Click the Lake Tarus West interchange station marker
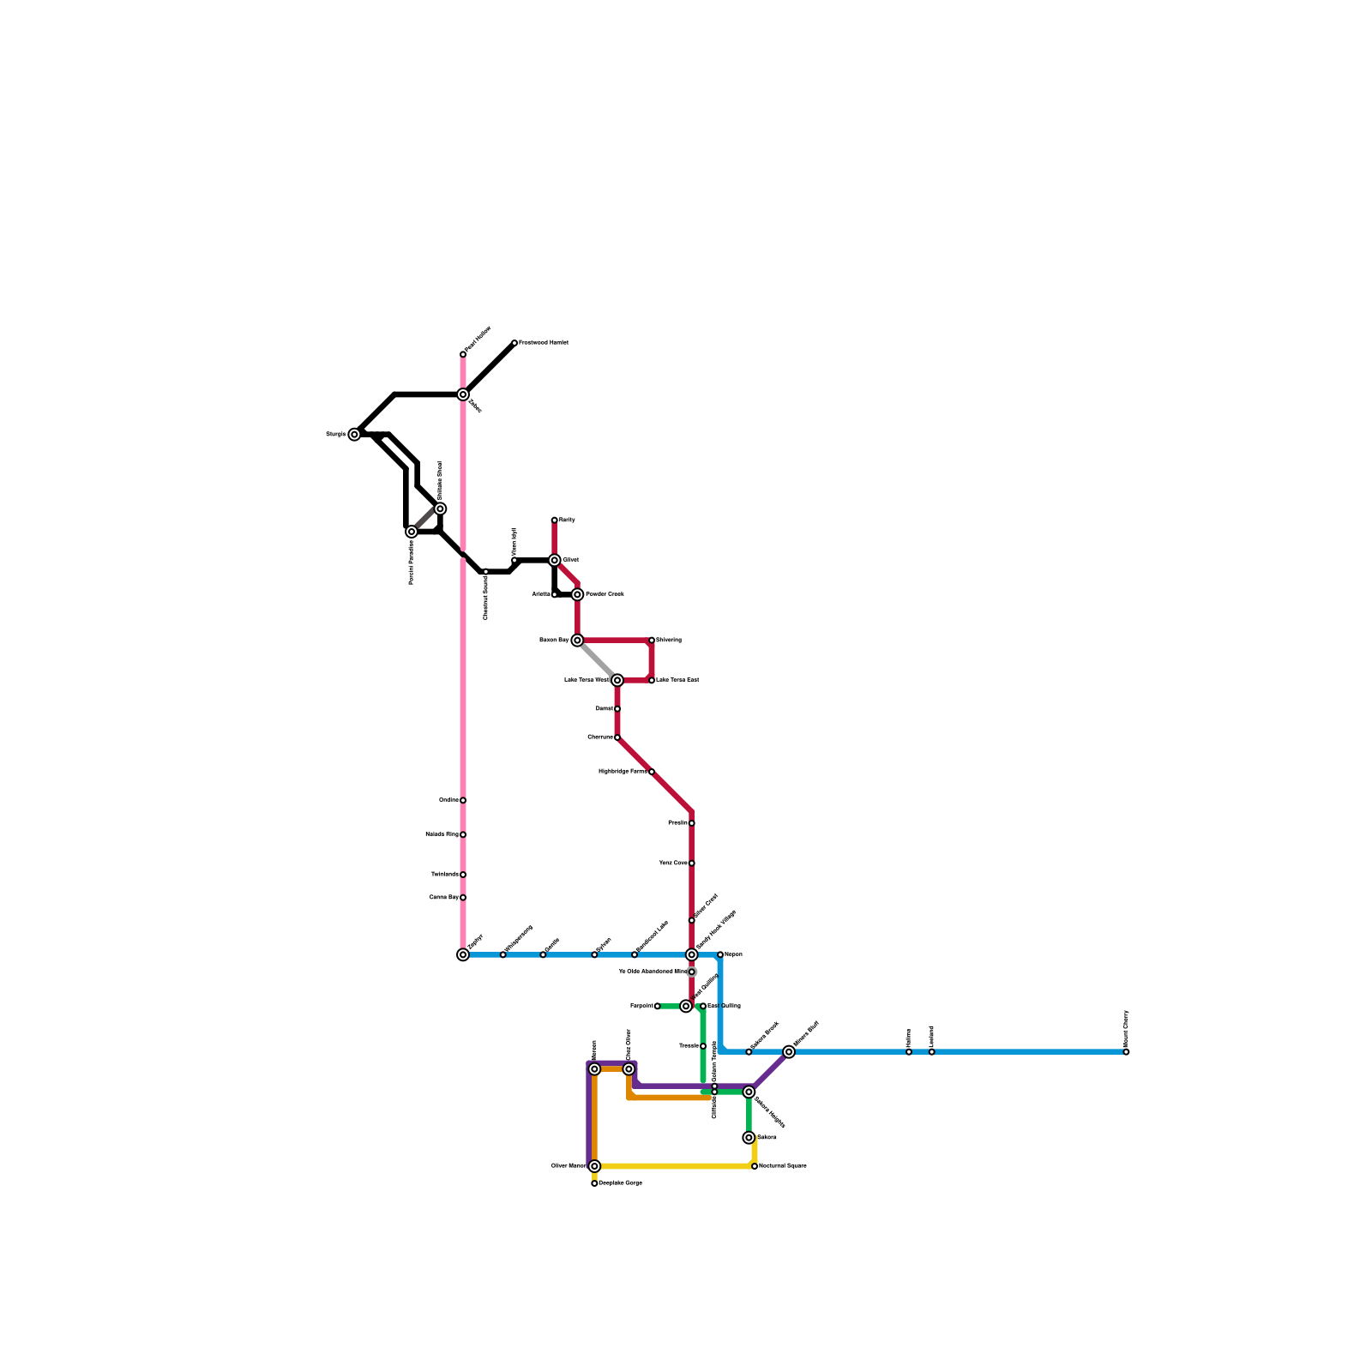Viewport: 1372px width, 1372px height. (617, 680)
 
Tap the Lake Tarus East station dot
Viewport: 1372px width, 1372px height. (652, 680)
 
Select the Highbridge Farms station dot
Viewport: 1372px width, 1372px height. (652, 772)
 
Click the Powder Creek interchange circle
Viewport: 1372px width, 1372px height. (577, 594)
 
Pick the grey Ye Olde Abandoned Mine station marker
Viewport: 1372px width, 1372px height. (691, 972)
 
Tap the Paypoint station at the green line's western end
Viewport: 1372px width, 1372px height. (658, 1006)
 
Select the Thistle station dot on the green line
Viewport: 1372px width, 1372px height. (703, 1046)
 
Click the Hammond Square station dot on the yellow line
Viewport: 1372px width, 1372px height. (755, 1166)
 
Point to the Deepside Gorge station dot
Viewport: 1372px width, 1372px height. (594, 1183)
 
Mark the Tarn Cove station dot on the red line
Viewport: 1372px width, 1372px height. (691, 863)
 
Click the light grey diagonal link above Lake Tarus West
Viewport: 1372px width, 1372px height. (598, 660)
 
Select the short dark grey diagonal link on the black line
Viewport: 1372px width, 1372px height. (425, 520)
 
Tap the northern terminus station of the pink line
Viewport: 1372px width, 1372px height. (463, 354)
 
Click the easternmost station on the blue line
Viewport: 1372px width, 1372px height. (1126, 1051)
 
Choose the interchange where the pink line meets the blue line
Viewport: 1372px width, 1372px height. (463, 954)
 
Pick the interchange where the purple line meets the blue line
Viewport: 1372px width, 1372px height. (789, 1051)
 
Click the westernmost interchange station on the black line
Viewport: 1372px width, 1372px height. (354, 435)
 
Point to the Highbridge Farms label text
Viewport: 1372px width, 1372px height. (623, 772)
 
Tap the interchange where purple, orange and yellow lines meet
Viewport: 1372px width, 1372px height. (594, 1166)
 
